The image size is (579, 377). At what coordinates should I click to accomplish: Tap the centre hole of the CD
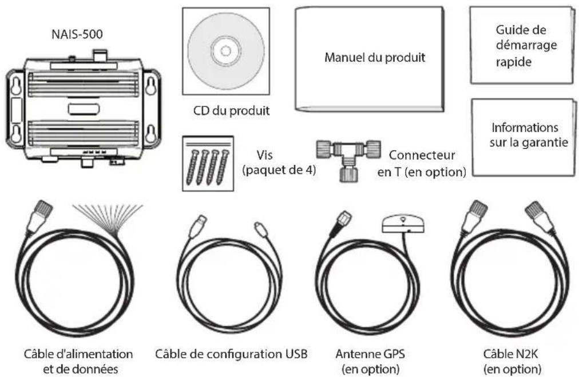(x=225, y=51)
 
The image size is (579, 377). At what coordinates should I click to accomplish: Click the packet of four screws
(x=208, y=163)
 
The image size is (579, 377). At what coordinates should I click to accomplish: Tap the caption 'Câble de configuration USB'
(x=232, y=354)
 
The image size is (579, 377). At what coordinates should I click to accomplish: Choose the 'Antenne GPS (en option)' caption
(x=375, y=361)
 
